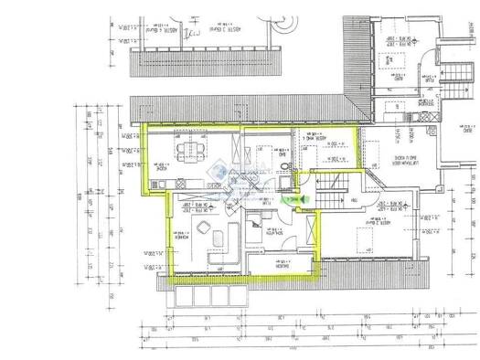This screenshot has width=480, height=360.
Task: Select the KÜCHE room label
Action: point(157,153)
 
